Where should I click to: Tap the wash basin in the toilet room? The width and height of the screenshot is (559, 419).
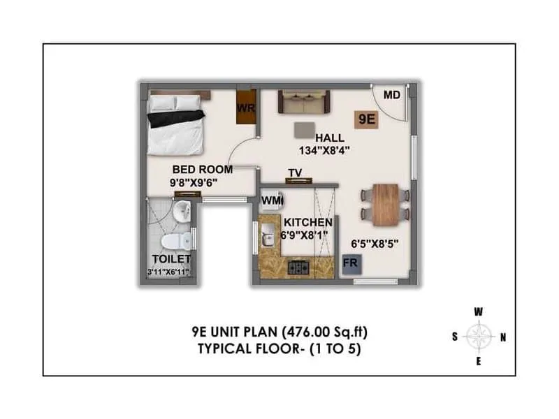click(x=182, y=209)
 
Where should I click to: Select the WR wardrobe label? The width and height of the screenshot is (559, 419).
click(x=245, y=108)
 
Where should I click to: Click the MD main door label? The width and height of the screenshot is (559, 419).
click(x=391, y=95)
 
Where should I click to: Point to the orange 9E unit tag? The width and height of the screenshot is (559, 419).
click(x=367, y=119)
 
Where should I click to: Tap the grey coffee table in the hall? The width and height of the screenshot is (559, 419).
click(x=304, y=130)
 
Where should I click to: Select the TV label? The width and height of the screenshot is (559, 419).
click(x=295, y=173)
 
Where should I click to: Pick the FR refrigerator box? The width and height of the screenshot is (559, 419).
click(x=350, y=264)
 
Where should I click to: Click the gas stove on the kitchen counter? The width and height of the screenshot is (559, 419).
click(x=300, y=266)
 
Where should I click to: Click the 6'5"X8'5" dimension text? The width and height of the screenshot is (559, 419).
click(x=376, y=244)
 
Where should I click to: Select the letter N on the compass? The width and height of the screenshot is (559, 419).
click(x=503, y=337)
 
